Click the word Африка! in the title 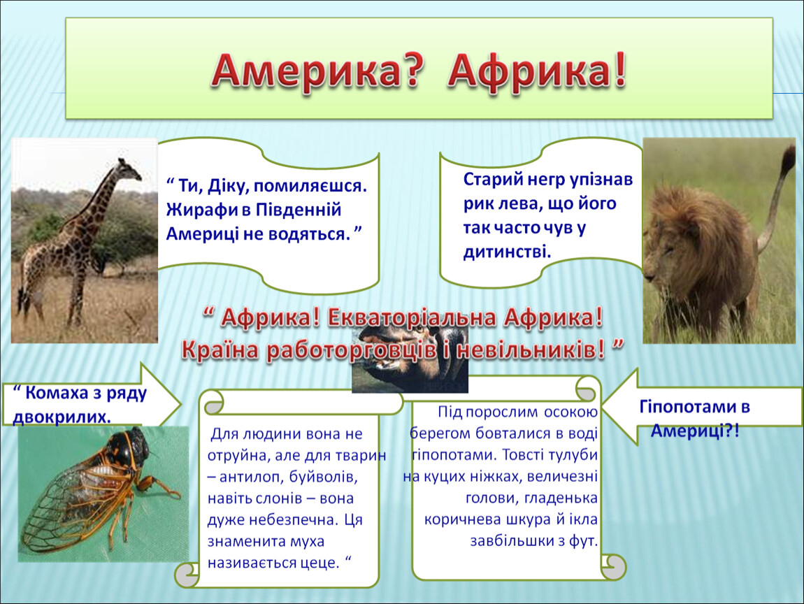(x=538, y=71)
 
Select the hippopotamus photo (x=410, y=359)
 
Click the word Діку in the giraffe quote (x=227, y=186)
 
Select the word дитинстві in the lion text (x=507, y=252)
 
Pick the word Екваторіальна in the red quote (x=412, y=318)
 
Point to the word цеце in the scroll (x=322, y=563)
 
